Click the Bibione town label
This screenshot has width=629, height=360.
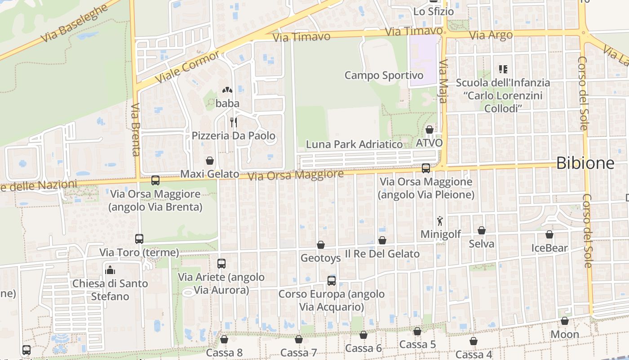pos(585,163)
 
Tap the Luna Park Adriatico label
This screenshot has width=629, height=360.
pos(354,144)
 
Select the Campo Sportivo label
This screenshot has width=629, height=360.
pos(384,75)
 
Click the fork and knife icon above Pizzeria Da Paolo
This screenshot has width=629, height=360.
pos(233,122)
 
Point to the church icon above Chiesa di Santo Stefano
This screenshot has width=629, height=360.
pos(110,270)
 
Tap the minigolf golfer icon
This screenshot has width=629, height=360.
pos(440,221)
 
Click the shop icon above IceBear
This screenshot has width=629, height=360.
pos(549,234)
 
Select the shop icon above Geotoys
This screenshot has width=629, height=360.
pos(321,245)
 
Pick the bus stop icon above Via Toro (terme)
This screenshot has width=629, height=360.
pos(139,239)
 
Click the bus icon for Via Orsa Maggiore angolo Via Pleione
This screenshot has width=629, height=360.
pos(425,168)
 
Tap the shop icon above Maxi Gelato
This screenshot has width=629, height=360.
pos(209,160)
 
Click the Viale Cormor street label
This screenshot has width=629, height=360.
pos(187,67)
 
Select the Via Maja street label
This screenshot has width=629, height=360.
pos(443,81)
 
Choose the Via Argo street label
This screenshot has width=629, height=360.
pos(490,35)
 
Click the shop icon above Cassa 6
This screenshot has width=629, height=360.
pos(363,335)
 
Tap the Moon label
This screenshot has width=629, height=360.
pos(565,334)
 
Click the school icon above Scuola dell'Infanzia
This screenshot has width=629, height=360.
pos(503,69)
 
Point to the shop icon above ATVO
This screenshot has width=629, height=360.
pos(429,130)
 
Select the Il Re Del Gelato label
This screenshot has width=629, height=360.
pos(382,254)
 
